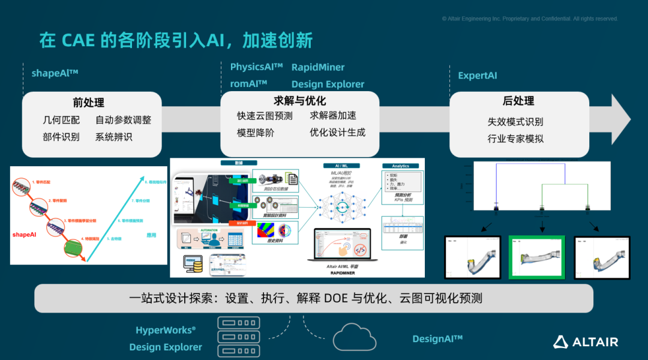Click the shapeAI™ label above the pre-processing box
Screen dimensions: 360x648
[x=55, y=74]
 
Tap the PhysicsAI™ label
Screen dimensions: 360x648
[x=256, y=67]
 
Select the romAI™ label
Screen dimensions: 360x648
[x=248, y=84]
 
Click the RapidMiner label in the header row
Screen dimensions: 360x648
[x=318, y=67]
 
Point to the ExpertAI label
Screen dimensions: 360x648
[x=478, y=76]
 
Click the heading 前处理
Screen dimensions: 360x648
[x=89, y=103]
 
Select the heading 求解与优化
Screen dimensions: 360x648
[x=299, y=101]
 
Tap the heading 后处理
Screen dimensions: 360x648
[x=518, y=101]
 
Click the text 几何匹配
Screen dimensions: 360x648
[x=61, y=120]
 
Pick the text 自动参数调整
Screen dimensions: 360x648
[x=123, y=120]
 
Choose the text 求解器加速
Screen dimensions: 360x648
[x=333, y=116]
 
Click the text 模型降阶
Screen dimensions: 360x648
[x=256, y=133]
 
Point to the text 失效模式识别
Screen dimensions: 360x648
[x=515, y=122]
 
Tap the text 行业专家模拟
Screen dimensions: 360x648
[x=515, y=139]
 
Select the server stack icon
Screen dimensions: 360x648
[x=235, y=337]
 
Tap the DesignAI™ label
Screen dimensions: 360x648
[x=437, y=339]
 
